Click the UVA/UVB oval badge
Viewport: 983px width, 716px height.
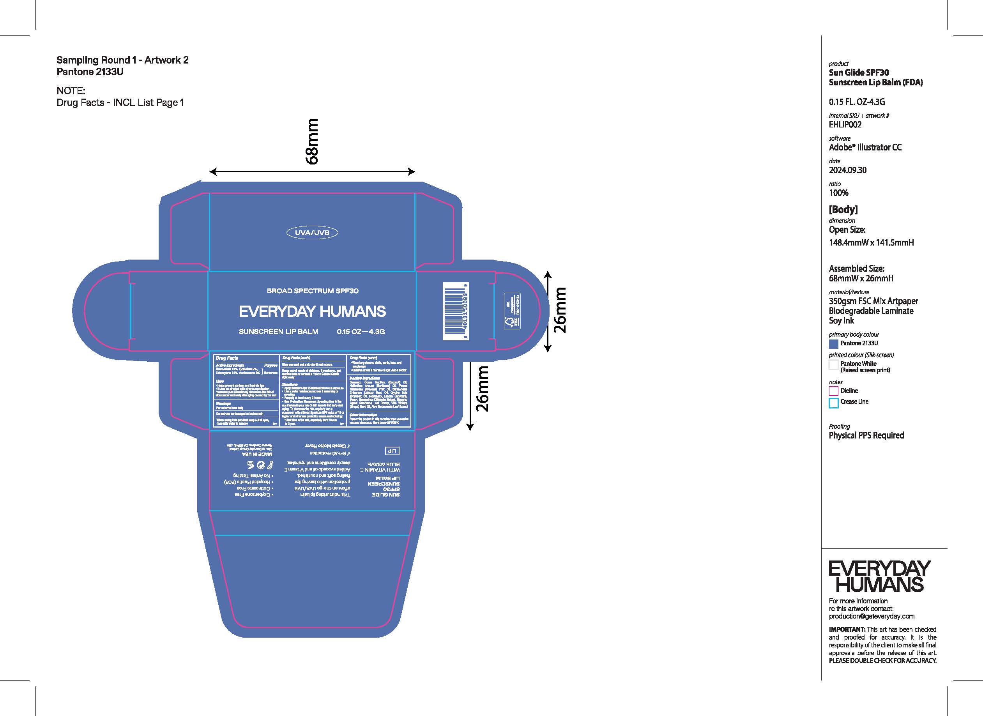tap(312, 233)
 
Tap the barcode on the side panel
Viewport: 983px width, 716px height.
tap(456, 311)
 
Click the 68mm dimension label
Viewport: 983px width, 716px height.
tap(312, 142)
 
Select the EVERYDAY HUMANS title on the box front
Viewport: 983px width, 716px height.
tap(312, 311)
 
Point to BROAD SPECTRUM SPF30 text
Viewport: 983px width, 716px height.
tap(313, 291)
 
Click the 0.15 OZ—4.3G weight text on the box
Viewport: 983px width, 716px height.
tap(361, 332)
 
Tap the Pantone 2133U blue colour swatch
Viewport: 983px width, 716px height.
tap(833, 344)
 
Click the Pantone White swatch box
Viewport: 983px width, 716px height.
tap(833, 364)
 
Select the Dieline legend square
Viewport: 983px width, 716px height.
tap(833, 391)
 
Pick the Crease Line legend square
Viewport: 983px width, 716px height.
tap(833, 403)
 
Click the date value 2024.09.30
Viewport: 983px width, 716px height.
tap(847, 170)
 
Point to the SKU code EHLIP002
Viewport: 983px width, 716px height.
tap(845, 125)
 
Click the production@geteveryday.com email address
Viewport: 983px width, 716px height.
tap(871, 616)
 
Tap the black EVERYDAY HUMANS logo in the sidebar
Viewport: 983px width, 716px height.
tap(879, 577)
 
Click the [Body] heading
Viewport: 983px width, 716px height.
tap(843, 209)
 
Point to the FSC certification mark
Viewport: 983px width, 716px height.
tap(512, 311)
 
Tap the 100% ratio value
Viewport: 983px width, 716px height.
tap(838, 193)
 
